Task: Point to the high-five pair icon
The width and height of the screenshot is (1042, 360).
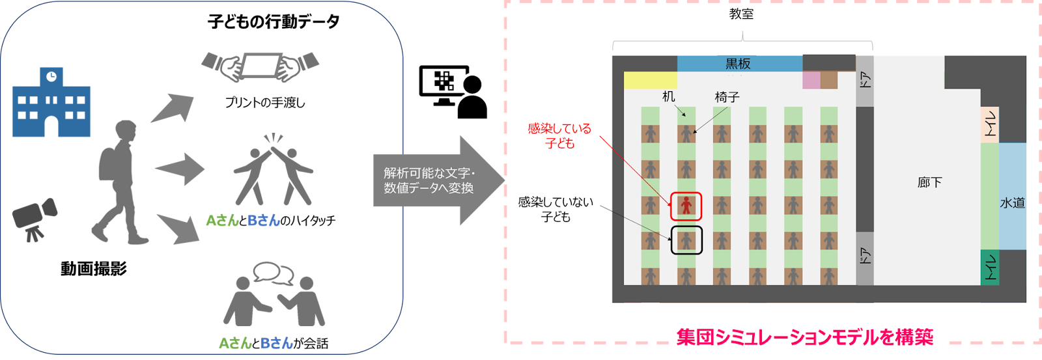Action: [274, 171]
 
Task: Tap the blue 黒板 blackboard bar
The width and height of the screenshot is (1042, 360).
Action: [739, 63]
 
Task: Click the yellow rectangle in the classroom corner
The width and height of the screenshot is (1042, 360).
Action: [650, 80]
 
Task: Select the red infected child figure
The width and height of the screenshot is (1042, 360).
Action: [686, 206]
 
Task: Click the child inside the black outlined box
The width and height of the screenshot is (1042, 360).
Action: [686, 240]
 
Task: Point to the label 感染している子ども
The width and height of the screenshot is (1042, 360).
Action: [559, 135]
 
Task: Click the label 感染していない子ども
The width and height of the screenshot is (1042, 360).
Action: [556, 209]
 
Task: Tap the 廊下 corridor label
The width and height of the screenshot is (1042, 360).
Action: [929, 182]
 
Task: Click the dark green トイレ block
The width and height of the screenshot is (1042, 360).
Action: [990, 268]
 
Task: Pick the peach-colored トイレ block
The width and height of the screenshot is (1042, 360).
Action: [990, 124]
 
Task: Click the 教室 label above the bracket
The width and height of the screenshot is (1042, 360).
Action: [741, 14]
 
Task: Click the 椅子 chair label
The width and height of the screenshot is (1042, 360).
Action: [727, 97]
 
